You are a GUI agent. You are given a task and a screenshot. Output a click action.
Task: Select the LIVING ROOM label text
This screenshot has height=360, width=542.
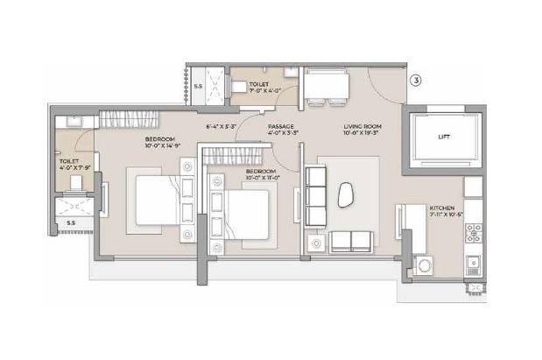361,127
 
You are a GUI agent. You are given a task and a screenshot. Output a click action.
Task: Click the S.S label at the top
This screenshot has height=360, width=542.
198,86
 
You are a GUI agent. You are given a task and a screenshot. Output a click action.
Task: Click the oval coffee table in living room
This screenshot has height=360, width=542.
348,194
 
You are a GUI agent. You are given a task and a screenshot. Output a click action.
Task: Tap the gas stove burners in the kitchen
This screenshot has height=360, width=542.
473,233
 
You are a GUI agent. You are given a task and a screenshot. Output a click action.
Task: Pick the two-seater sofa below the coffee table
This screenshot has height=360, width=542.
350,241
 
